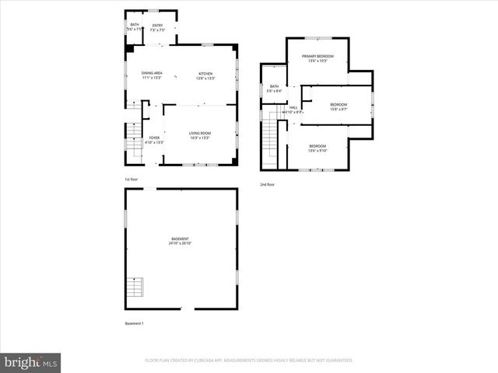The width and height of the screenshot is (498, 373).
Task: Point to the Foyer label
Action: pyautogui.click(x=155, y=139)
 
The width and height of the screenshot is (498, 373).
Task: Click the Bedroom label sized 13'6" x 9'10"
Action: pyautogui.click(x=317, y=148)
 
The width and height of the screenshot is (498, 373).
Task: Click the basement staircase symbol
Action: pyautogui.click(x=135, y=288)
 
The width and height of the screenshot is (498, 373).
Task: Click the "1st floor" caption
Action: pyautogui.click(x=131, y=180)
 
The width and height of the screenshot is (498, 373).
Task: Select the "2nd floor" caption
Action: pyautogui.click(x=268, y=184)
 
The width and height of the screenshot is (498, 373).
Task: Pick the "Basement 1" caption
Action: pyautogui.click(x=134, y=323)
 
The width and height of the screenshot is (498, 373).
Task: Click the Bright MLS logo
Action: pyautogui.click(x=31, y=362)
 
